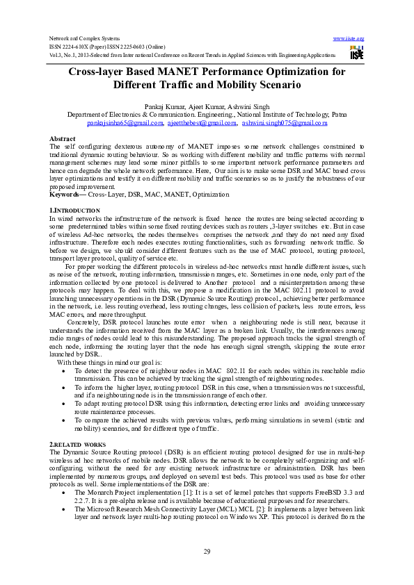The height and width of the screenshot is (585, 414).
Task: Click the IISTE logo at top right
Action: [x=357, y=52]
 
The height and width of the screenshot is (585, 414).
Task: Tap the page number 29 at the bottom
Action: [x=207, y=551]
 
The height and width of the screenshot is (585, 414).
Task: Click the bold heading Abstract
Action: [x=63, y=139]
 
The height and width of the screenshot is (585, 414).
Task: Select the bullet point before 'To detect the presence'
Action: [x=64, y=372]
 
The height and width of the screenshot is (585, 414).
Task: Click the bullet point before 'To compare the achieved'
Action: [x=64, y=420]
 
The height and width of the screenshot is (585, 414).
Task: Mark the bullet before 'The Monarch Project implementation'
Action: [x=64, y=491]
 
